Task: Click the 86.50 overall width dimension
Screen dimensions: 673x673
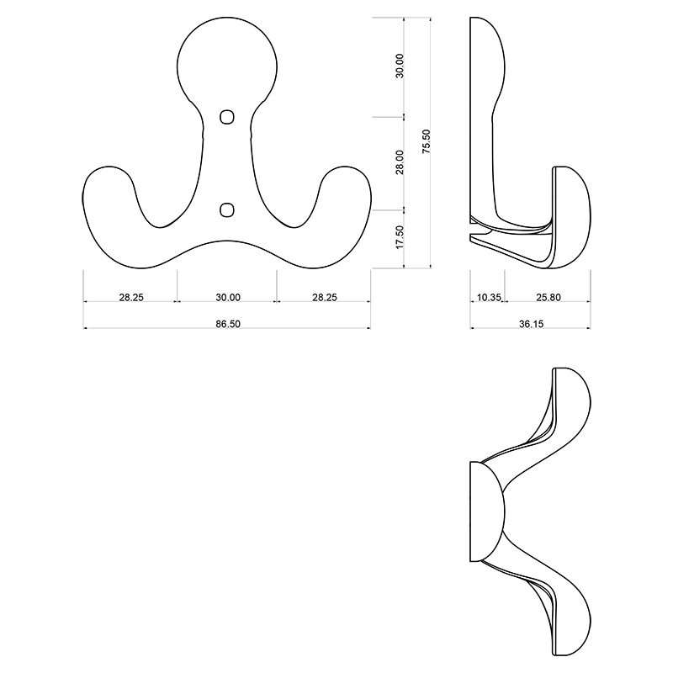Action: [x=228, y=324]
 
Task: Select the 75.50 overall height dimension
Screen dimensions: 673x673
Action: [x=426, y=141]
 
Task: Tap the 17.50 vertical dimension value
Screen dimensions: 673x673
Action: [x=400, y=237]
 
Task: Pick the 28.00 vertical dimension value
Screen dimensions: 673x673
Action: [x=400, y=162]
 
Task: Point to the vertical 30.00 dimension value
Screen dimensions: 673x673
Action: [x=400, y=66]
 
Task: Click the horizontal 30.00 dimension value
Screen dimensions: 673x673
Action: [x=228, y=297]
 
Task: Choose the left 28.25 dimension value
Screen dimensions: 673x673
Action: [x=131, y=297]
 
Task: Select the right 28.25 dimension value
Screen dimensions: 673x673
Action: [x=325, y=297]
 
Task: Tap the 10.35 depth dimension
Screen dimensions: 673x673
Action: [x=489, y=297]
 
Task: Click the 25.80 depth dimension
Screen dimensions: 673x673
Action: [x=548, y=297]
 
